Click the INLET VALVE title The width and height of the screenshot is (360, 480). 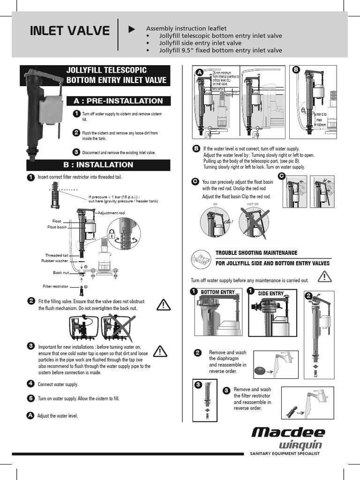point(69,32)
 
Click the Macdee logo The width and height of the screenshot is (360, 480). point(288,432)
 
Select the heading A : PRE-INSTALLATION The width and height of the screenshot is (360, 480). point(118,101)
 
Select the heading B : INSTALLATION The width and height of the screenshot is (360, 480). point(98,165)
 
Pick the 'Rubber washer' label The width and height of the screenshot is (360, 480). point(54,261)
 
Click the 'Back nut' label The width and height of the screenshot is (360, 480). point(61,272)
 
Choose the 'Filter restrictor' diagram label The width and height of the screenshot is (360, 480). point(56,286)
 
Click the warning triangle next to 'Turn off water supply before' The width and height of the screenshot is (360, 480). point(324,277)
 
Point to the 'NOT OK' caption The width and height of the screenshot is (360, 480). point(253,204)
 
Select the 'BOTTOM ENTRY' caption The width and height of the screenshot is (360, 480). point(217,292)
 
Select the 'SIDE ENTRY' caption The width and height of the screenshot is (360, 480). point(271,293)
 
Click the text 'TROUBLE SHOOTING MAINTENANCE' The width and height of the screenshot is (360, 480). point(256,253)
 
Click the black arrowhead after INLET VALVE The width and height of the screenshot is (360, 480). point(132,29)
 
